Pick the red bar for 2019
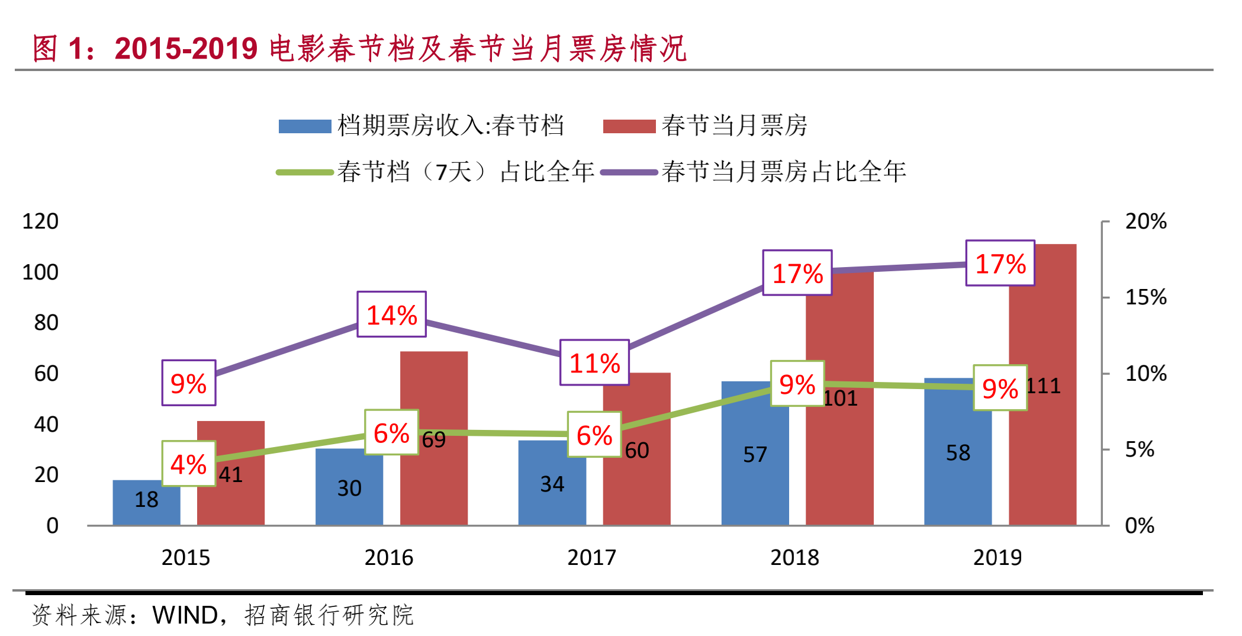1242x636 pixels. coord(1042,332)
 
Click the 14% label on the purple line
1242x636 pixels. coord(391,314)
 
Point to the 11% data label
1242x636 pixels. coord(594,362)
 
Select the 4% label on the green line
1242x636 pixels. coord(189,464)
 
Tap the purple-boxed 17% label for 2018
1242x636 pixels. coord(797,273)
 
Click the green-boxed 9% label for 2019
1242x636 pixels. coord(1000,388)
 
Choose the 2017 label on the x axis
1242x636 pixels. coord(591,557)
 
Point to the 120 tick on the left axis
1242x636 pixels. coord(40,221)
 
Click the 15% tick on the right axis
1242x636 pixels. coord(1146,297)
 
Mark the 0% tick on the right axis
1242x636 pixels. coord(1140,525)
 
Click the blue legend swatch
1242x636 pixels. coord(305,126)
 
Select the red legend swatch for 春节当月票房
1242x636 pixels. coord(629,126)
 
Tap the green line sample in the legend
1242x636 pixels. coord(305,172)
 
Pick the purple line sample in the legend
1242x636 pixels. coord(629,172)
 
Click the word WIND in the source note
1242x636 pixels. coord(185,615)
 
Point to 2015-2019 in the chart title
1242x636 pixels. coord(186,49)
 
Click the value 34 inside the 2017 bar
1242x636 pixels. coord(552,484)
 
